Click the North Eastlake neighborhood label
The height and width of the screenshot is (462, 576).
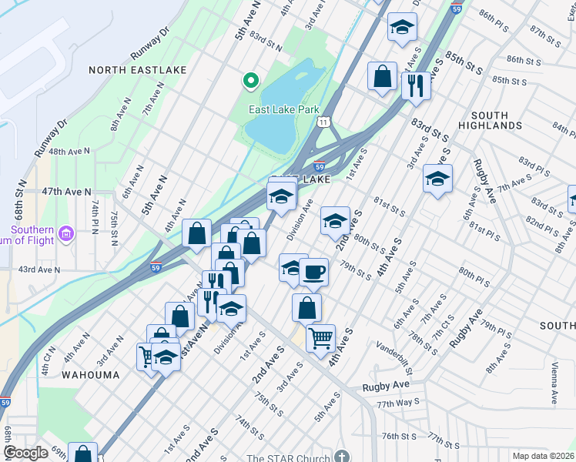[137, 70]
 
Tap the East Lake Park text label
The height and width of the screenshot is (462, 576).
[283, 110]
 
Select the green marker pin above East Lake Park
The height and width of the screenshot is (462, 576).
[250, 79]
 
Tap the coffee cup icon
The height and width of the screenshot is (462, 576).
[313, 272]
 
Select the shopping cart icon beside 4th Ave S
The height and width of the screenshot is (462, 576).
[320, 338]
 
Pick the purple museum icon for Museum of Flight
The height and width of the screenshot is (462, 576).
[66, 232]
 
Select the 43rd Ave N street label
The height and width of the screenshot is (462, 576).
[39, 269]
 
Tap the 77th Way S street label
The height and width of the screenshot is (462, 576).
[398, 403]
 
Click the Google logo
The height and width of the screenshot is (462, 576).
[26, 453]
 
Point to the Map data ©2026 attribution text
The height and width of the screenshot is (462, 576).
[542, 456]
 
